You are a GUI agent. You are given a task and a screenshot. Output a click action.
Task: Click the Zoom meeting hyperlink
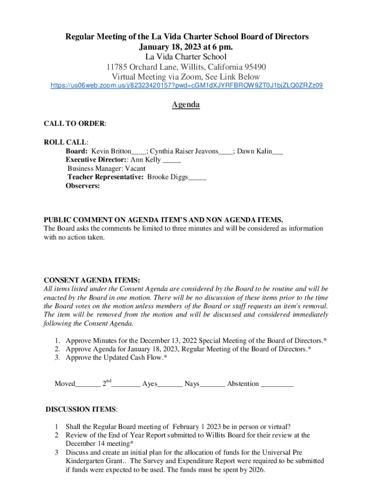point(187,86)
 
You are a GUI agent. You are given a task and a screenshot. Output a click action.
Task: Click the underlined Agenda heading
point(186,105)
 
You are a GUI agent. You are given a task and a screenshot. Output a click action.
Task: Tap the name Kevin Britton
point(111,151)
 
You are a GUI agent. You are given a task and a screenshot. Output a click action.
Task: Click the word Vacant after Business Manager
point(138,169)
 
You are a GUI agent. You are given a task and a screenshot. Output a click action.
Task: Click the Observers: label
point(83,186)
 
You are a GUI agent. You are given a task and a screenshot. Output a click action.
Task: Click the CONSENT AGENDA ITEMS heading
point(92,280)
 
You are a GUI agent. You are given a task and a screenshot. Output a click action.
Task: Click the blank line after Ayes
point(170,384)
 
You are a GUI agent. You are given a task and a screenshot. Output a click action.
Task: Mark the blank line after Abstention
point(277,384)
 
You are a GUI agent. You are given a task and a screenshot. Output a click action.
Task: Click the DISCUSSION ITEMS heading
point(81,410)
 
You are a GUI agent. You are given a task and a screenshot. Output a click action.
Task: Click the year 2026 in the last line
point(256,470)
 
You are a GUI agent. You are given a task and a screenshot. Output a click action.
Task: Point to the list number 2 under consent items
point(57,349)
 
